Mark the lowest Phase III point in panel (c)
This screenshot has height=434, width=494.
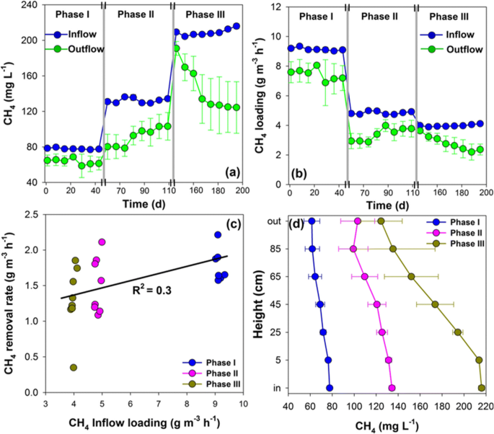click(x=74, y=368)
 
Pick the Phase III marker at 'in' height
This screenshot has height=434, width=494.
click(x=481, y=388)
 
